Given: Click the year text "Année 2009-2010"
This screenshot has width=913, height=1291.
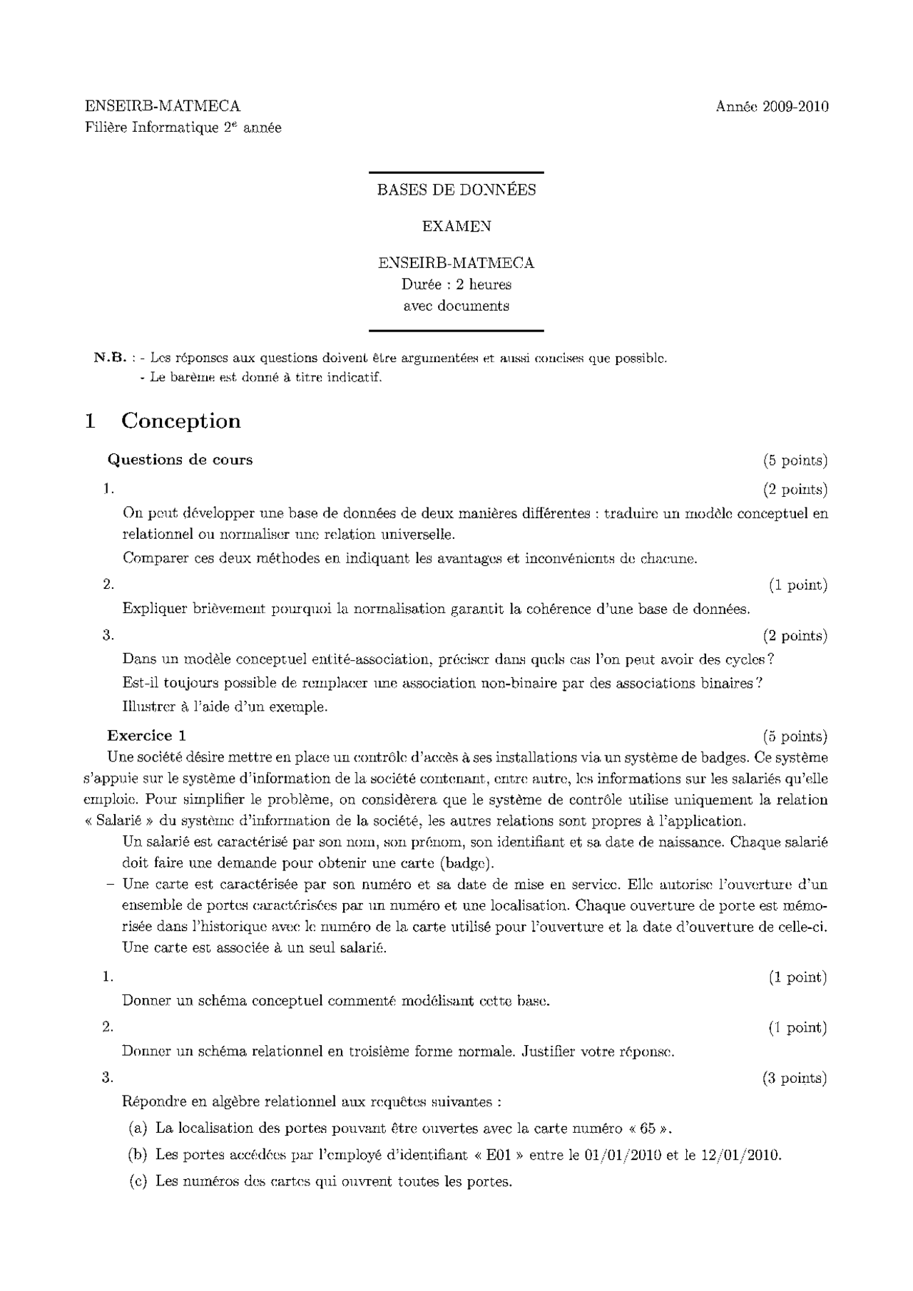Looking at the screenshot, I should pos(772,107).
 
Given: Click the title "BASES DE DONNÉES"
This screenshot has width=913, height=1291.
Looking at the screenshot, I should pos(456,190).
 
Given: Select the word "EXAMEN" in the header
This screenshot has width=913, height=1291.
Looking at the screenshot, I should pos(456,226).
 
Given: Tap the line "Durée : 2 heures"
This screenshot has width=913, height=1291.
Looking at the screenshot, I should pos(456,284).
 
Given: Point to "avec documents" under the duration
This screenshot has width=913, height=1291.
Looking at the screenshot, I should pos(456,306).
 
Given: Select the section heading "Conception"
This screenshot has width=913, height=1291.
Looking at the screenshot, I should pos(180,421).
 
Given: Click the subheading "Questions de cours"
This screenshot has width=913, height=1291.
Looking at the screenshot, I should pos(180,460).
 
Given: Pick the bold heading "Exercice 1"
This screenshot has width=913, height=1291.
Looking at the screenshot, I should pos(147,736).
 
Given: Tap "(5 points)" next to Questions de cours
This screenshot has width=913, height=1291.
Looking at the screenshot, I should pos(795,461).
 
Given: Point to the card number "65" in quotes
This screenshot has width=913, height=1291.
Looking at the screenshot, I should pos(648,1128).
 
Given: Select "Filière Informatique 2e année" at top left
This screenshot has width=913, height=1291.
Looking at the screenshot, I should pos(183,128).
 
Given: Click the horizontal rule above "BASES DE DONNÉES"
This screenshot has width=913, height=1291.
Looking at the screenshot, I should pos(456,173).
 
